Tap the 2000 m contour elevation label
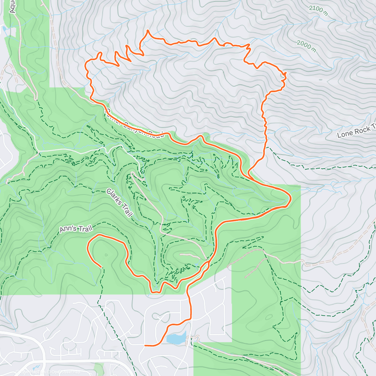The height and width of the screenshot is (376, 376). pyautogui.click(x=306, y=46)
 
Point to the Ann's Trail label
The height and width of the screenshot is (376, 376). pyautogui.click(x=76, y=229)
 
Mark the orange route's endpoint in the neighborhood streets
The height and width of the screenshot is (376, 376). pyautogui.click(x=145, y=345)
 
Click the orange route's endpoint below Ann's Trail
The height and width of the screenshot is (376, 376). pyautogui.click(x=101, y=267)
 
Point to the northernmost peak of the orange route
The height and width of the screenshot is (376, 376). pyautogui.click(x=148, y=31)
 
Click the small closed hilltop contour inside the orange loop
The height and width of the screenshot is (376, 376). pyautogui.click(x=106, y=255)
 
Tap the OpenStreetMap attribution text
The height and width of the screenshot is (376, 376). pyautogui.click(x=66, y=372)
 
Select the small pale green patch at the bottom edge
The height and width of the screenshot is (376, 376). pyautogui.click(x=99, y=369)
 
